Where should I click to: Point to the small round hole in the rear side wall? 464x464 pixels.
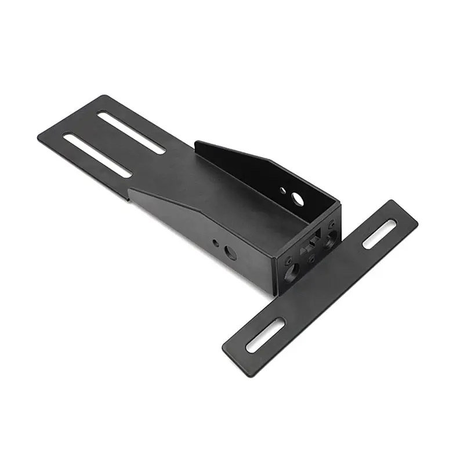point(282,190)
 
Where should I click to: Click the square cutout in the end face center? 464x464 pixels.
point(313,239)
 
